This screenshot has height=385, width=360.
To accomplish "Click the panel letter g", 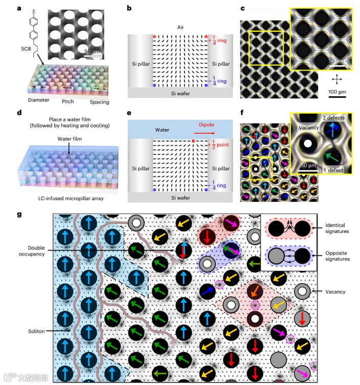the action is tap(20, 214).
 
